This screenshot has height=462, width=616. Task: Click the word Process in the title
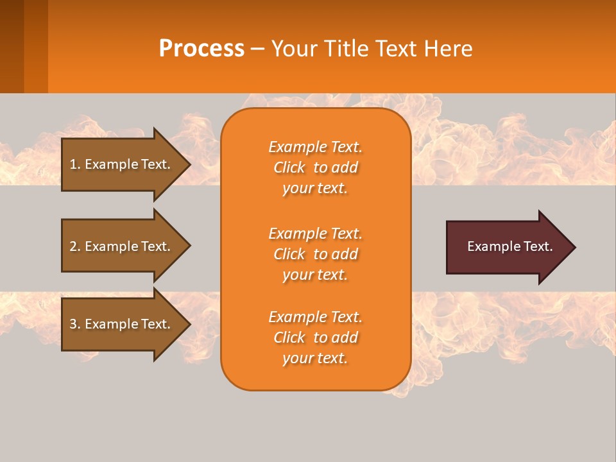[201, 49]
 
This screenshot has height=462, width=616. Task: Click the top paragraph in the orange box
[315, 167]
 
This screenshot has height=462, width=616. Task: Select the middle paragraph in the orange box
[315, 254]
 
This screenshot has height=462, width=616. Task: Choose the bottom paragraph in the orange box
[315, 338]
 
